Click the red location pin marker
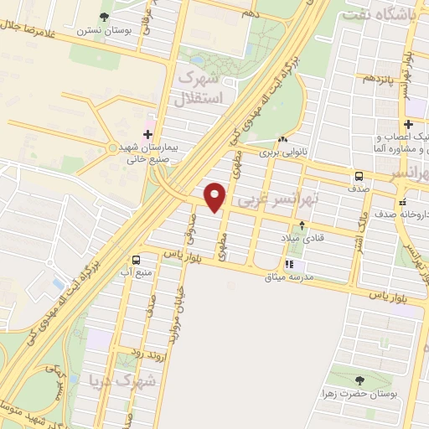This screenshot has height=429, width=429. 215,195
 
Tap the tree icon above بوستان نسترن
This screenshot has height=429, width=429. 104,16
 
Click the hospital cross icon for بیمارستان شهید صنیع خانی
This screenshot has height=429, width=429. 147,133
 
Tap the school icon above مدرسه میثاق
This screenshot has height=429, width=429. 290,265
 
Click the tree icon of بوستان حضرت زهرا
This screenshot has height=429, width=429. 359,381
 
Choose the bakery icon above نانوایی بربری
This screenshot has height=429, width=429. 282,140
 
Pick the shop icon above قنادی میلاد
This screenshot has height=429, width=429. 302,225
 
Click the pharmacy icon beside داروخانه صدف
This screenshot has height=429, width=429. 403,202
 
